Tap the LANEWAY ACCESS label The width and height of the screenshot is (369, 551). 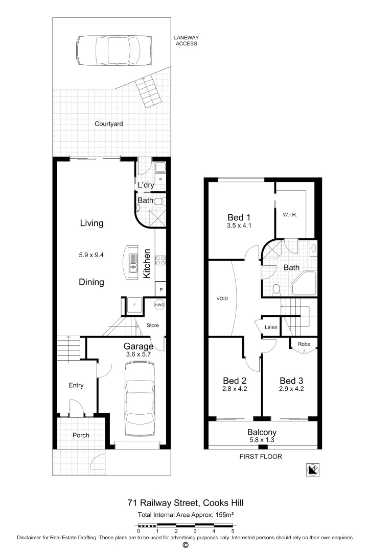coord(185,40)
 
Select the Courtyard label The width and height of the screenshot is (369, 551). coord(108,124)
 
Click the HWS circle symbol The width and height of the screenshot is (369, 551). coord(159,306)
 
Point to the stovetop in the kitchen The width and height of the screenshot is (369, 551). coord(159,261)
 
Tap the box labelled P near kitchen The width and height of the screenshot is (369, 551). coord(161,290)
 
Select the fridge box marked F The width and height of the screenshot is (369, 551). coord(134,306)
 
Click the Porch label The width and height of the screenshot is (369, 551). coord(81,435)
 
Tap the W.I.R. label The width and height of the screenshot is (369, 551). coord(290,215)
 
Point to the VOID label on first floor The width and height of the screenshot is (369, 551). coord(222,298)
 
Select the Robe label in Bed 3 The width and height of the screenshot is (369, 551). coord(304,344)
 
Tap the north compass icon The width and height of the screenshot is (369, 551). coord(313,470)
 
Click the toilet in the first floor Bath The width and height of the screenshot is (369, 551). coord(276,289)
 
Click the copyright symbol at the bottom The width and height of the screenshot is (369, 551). coord(185,545)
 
